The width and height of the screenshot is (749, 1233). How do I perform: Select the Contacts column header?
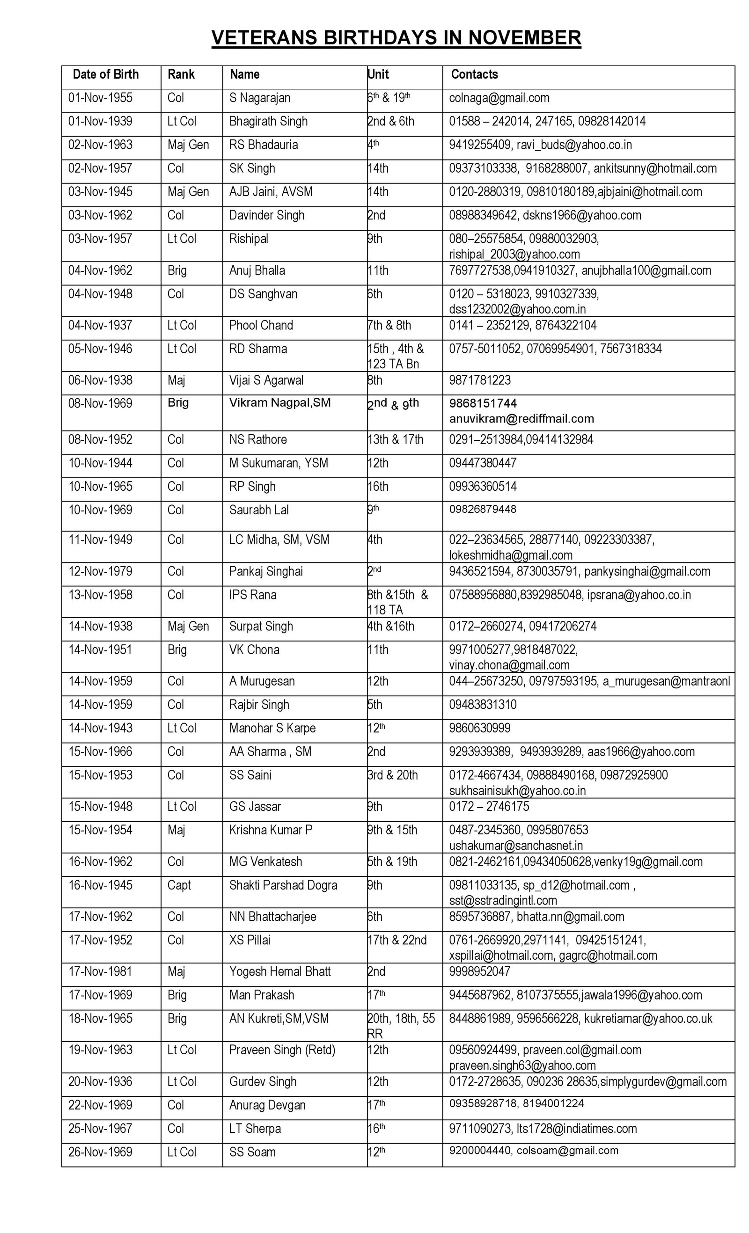pos(474,74)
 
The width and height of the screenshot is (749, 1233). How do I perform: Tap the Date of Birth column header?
pos(106,74)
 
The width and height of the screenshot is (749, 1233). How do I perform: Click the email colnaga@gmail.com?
pos(499,98)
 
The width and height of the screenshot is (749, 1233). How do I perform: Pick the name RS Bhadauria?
pos(264,145)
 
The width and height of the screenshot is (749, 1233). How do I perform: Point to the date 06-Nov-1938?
pos(100,380)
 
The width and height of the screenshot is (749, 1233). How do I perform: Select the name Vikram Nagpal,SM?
pos(280,403)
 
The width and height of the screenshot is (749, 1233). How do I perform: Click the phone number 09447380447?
pos(482,463)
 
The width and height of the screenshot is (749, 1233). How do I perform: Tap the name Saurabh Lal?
pos(259,510)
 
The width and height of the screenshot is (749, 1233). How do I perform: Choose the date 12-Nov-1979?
pos(100,571)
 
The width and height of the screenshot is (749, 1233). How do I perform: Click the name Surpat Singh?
pos(261,627)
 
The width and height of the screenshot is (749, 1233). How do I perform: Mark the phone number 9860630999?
pos(480,728)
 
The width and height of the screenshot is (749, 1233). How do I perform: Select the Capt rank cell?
pos(179,885)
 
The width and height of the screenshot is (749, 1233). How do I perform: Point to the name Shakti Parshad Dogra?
pos(283,885)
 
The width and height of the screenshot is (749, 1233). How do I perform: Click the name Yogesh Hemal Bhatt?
pos(280,972)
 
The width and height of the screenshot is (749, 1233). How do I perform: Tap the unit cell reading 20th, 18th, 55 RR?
pos(401,1026)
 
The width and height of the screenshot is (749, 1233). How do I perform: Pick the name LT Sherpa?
pos(255,1129)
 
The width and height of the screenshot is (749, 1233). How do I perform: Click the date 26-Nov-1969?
pos(100,1153)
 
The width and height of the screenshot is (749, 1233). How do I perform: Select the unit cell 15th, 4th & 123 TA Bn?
pos(396,356)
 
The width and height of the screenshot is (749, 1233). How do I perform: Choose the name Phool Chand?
pos(261,326)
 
